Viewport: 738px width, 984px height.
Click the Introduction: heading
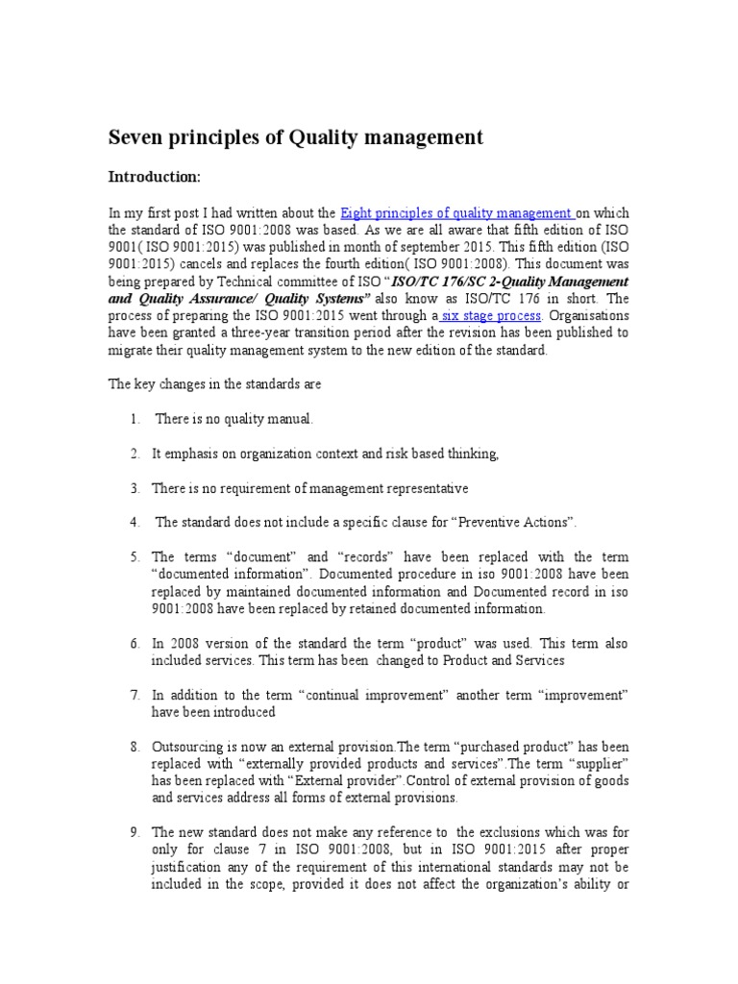click(154, 178)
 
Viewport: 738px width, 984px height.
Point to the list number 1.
click(135, 419)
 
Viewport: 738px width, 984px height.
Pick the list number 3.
click(135, 488)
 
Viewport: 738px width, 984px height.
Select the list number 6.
click(135, 643)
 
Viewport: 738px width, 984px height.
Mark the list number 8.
click(135, 747)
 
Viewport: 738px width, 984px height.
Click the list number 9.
click(135, 832)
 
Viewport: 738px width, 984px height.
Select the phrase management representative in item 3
click(389, 488)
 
